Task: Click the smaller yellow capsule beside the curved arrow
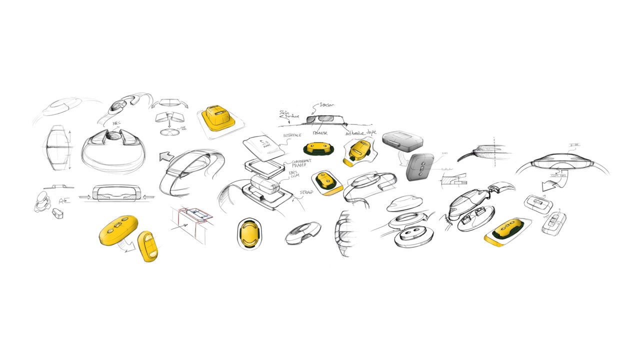point(148,245)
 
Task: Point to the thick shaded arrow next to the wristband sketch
point(166,156)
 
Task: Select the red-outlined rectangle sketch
point(192,214)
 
